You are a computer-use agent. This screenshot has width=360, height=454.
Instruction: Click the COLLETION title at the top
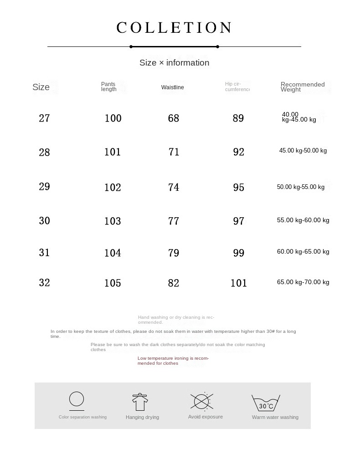[174, 28]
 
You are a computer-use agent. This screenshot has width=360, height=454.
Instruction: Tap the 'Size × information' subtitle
[174, 63]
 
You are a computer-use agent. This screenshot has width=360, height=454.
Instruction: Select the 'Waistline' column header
[173, 87]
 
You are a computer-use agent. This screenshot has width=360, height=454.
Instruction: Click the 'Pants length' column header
[109, 87]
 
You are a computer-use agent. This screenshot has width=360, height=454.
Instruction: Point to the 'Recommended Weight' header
[303, 87]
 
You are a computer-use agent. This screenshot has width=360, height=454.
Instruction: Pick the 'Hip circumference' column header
[237, 87]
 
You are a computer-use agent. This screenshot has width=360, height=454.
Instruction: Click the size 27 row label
[44, 118]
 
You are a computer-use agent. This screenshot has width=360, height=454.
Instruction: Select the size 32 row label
[44, 283]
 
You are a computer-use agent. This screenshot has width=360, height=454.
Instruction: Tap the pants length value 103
[113, 221]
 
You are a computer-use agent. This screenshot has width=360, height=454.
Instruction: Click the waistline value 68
[174, 118]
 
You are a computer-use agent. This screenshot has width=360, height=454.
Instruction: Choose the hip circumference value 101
[238, 283]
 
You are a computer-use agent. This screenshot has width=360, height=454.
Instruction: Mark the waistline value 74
[174, 187]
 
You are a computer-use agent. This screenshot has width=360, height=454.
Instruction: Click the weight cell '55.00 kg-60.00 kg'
[303, 220]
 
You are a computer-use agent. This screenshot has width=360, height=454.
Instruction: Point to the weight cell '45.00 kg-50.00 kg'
[303, 151]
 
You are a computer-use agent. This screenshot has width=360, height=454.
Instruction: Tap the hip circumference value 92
[239, 152]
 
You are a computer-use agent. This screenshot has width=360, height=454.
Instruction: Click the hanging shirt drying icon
[140, 402]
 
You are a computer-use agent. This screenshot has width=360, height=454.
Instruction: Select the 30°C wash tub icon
[266, 403]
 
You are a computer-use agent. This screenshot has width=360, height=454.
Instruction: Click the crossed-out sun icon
[201, 401]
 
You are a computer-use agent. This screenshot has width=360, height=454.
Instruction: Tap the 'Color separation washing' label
[82, 417]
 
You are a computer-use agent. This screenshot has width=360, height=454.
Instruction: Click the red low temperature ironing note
[173, 361]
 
